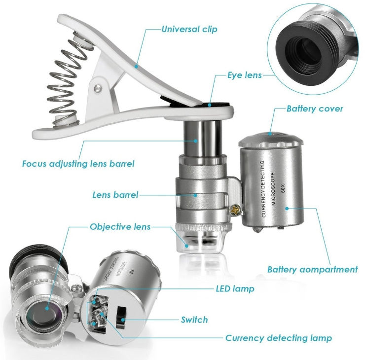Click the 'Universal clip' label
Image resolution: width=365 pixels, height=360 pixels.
coord(189,29)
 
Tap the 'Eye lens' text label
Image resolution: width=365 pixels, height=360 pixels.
coord(245,75)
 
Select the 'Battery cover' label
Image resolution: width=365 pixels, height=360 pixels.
coord(315,108)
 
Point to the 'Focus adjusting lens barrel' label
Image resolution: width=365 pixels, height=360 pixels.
coord(78,164)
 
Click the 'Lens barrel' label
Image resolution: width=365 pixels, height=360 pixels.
coord(115,195)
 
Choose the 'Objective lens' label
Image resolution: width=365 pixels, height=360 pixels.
coord(120,227)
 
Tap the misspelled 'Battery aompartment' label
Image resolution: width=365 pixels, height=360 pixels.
coord(312,269)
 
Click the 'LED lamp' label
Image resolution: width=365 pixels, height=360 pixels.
coord(235,289)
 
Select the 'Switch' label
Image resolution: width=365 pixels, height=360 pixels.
coord(194,320)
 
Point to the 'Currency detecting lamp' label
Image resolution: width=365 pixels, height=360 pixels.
coord(279,338)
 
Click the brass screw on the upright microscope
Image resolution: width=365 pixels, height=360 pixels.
coord(234,210)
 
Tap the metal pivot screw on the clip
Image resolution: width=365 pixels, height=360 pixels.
coord(98,88)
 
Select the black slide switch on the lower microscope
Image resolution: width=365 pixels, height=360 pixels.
coord(121,318)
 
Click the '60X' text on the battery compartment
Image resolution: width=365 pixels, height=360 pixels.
coord(283,188)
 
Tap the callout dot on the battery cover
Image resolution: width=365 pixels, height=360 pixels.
coord(270,134)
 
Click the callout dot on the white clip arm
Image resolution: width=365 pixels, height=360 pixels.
coord(136,67)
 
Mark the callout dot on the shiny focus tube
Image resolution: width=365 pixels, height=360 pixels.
coord(196,141)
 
